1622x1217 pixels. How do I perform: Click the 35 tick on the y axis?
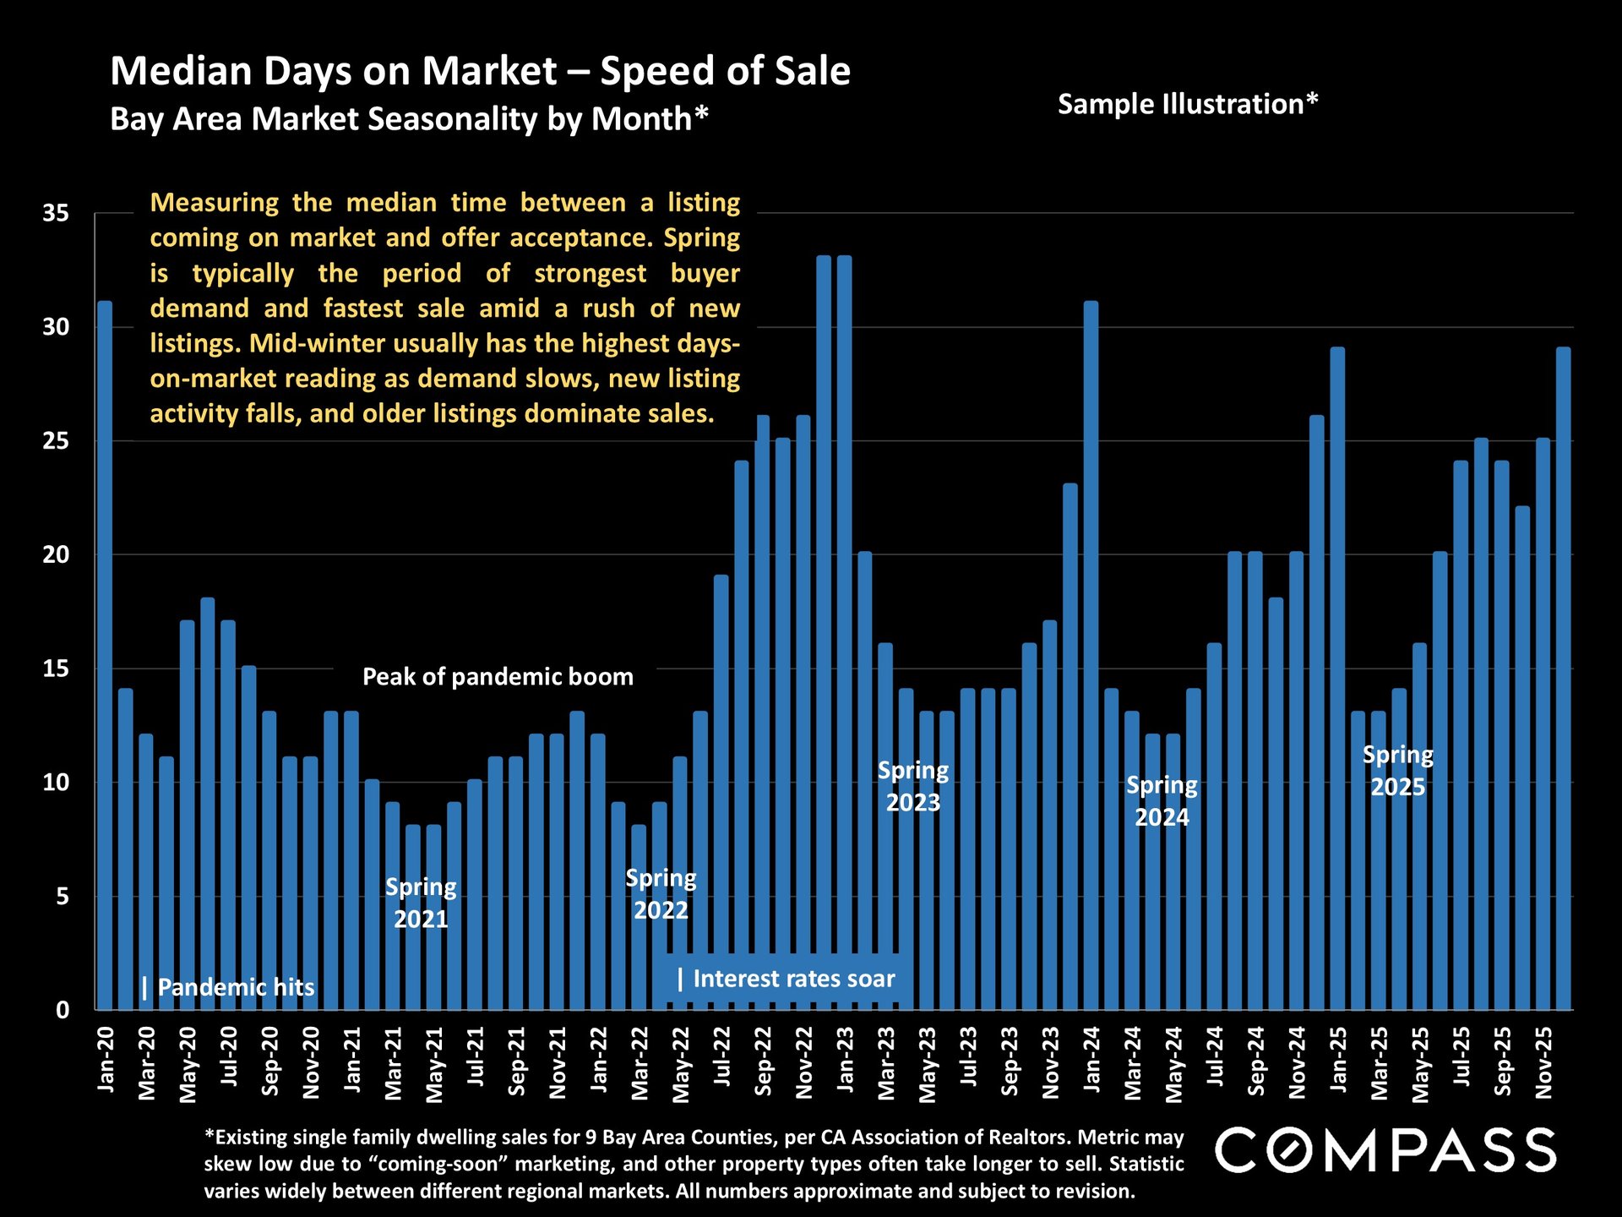click(56, 213)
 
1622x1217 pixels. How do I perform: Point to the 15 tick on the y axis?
click(56, 669)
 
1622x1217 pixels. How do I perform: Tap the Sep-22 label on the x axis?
click(763, 1061)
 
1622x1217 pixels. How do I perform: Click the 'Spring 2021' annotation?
click(421, 903)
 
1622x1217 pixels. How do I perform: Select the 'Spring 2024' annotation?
click(1162, 801)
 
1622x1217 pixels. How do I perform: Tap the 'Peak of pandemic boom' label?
click(498, 677)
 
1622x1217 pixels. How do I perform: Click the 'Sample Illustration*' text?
click(1187, 104)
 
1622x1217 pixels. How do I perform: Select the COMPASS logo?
click(1385, 1150)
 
